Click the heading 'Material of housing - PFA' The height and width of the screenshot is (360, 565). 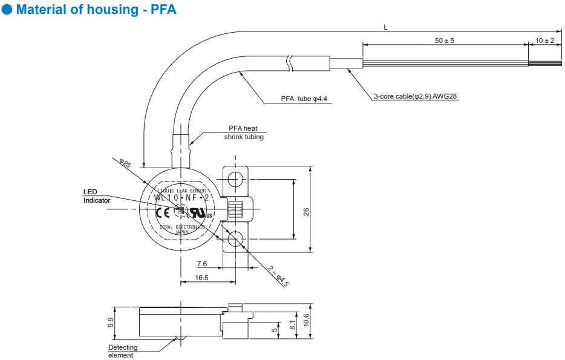point(96,10)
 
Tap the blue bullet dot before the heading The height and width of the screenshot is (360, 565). point(7,10)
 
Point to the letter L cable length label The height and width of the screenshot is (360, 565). point(385,27)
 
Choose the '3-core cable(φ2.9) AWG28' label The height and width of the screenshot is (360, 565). point(416,96)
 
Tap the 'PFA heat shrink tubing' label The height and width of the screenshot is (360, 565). point(244,133)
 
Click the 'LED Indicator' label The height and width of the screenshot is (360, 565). point(96,196)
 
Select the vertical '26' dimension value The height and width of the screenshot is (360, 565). point(306,211)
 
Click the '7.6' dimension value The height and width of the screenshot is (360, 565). point(202,264)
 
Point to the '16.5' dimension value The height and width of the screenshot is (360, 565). point(202,278)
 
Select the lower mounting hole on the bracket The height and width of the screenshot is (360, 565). point(236,240)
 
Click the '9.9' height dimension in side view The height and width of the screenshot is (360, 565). point(111,322)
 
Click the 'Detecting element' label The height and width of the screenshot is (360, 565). point(123,351)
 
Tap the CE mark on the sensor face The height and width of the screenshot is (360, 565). point(162,212)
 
